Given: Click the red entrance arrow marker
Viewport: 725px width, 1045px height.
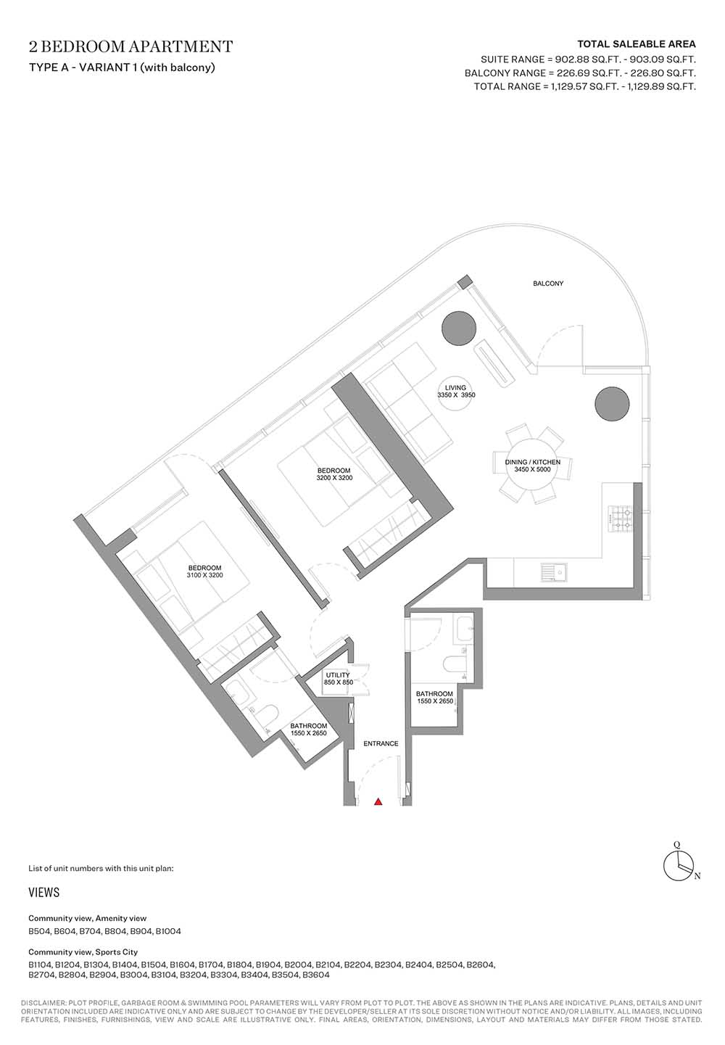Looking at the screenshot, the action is click(378, 802).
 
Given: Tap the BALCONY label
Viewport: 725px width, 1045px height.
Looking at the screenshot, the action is click(548, 283).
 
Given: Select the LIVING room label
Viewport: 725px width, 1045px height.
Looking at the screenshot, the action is click(455, 388).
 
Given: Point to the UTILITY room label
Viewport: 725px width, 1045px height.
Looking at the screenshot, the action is click(338, 675).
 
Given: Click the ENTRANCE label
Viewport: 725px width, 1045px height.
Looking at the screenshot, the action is click(381, 743).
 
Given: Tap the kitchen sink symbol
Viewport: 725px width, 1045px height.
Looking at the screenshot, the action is click(554, 572).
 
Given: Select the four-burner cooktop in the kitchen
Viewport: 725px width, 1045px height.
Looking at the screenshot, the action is click(621, 519).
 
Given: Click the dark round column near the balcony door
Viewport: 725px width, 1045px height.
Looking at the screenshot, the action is click(459, 328).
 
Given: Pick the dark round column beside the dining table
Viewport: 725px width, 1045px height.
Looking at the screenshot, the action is click(612, 404).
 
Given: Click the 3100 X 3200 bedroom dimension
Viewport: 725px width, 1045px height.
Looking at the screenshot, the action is click(204, 575).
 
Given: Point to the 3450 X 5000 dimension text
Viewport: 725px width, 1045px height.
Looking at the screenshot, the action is click(532, 469).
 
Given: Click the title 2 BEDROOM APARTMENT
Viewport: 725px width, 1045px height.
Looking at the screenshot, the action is click(130, 46).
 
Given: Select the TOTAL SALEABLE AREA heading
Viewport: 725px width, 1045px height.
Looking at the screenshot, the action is click(637, 44).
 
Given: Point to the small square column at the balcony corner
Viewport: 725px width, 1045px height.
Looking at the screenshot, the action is click(464, 282).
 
